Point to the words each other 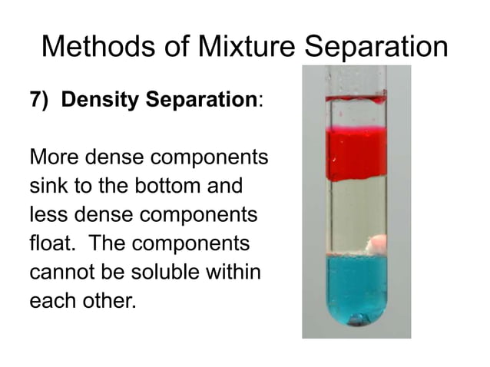[x=81, y=299]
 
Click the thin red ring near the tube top [x=355, y=98]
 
